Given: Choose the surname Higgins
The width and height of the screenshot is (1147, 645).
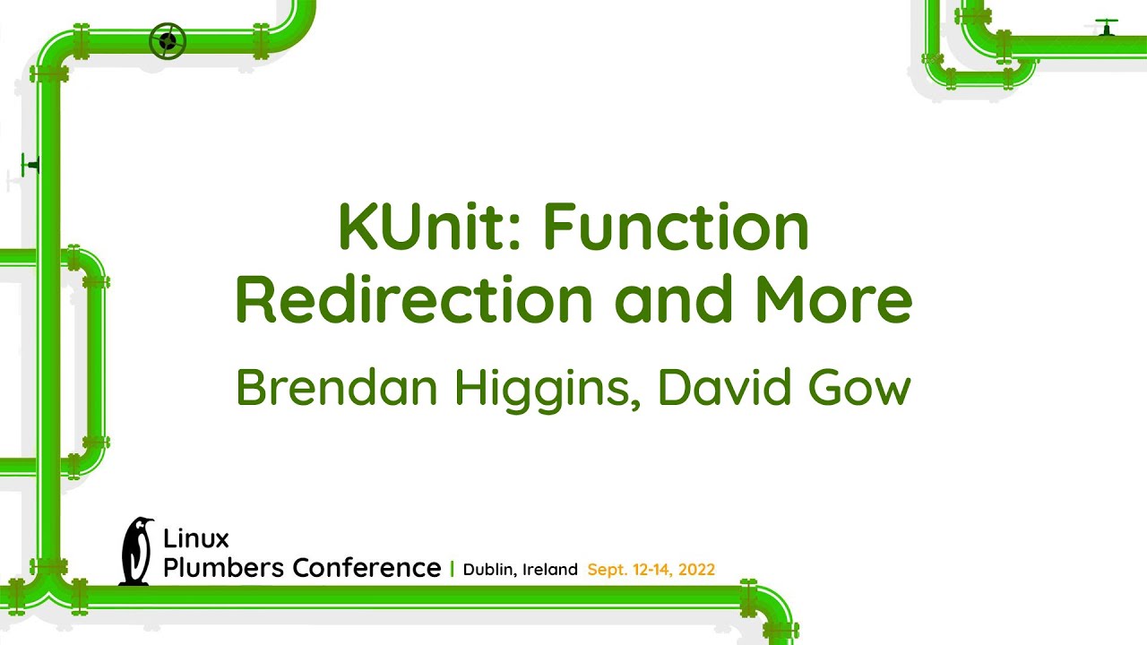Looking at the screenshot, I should click(x=548, y=389).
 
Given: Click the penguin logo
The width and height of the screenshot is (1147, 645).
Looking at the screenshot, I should click(x=136, y=551).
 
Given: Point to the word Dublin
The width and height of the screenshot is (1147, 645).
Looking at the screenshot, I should click(x=489, y=570).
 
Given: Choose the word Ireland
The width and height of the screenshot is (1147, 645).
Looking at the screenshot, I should click(x=549, y=570).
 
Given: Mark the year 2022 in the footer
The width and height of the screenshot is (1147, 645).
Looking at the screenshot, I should click(x=696, y=570).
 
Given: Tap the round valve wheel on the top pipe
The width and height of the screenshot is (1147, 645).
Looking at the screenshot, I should click(x=167, y=41).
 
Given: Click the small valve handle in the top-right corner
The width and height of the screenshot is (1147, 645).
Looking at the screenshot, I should click(x=1107, y=25).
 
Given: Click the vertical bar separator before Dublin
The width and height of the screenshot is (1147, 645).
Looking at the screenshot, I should click(x=452, y=569).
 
